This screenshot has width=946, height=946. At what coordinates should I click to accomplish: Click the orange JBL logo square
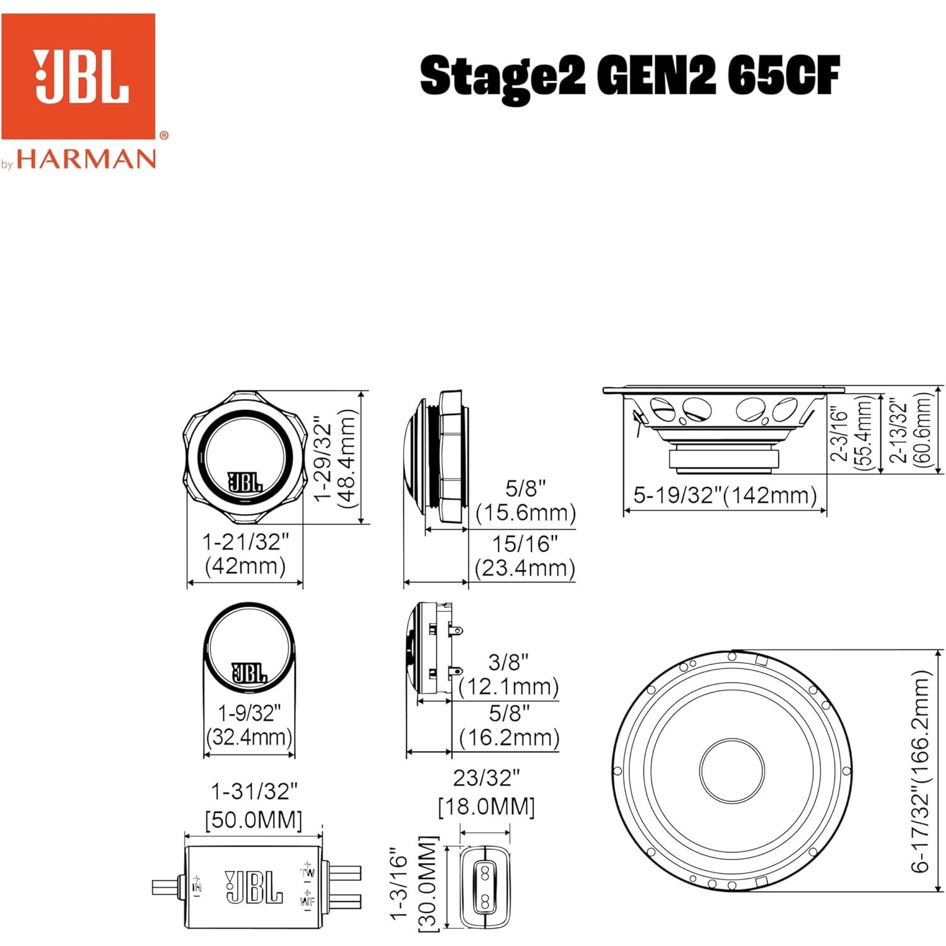(78, 76)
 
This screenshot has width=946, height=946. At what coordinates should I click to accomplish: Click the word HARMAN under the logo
(86, 158)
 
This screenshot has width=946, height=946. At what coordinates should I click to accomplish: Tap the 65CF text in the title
(783, 76)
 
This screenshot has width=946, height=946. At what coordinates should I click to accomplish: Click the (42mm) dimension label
(245, 566)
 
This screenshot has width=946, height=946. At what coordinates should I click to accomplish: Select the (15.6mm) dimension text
(525, 513)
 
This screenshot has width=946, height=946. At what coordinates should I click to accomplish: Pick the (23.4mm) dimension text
(525, 568)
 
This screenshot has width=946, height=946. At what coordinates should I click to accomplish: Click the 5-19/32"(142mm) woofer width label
(725, 495)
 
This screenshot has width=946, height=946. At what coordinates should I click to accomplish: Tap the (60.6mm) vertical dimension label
(921, 429)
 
